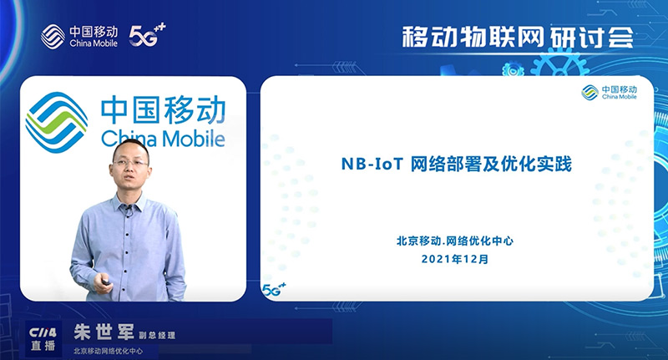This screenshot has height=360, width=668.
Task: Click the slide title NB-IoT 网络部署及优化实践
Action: [x=456, y=164]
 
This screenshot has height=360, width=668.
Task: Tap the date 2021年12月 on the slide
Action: [x=454, y=259]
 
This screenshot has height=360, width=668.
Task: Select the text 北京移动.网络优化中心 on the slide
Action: [x=454, y=241]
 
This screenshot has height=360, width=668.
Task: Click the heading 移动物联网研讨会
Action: [x=517, y=38]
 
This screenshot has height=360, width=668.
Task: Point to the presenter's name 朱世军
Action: [x=104, y=332]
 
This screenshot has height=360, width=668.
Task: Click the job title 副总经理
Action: [x=157, y=335]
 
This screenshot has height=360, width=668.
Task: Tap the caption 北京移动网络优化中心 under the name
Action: [x=109, y=351]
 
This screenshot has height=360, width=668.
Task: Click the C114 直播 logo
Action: [x=43, y=338]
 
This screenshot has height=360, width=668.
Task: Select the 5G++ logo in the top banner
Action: [x=147, y=35]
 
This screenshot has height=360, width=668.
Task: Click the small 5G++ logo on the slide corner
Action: [x=274, y=290]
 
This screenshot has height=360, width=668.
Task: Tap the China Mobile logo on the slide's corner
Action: [x=610, y=92]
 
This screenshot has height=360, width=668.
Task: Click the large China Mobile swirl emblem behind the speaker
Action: [x=56, y=122]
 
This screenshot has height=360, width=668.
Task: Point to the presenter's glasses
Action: [x=130, y=163]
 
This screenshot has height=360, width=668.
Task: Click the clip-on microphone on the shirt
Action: [x=128, y=209]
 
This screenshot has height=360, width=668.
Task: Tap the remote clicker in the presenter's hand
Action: [x=105, y=281]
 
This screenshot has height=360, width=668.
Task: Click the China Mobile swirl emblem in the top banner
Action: [x=53, y=36]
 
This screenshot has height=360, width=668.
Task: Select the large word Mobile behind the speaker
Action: [x=194, y=139]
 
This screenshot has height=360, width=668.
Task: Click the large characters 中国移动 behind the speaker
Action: [x=163, y=110]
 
